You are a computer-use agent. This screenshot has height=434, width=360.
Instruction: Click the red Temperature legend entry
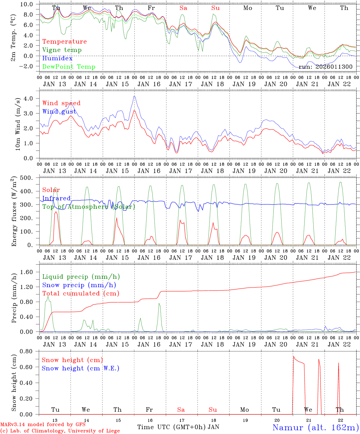point(64,42)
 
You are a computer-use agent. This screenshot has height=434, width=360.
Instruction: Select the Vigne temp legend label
point(62,50)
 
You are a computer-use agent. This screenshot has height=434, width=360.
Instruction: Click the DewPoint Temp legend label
point(69,67)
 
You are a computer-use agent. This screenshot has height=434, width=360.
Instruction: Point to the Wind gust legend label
point(59,112)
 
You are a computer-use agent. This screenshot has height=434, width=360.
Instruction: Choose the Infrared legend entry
point(56,198)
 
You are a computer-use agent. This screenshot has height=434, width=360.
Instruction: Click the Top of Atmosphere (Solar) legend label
point(88,207)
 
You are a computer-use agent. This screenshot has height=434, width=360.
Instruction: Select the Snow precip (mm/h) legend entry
point(79,285)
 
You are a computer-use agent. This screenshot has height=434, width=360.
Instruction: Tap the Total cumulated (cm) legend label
point(81,294)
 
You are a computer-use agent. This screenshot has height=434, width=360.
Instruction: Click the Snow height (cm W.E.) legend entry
point(80,368)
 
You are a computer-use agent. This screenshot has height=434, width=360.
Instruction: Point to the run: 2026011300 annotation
point(325,67)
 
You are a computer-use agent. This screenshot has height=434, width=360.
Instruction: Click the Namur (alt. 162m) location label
point(315,428)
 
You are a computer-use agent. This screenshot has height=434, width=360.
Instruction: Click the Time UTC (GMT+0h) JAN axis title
point(178,427)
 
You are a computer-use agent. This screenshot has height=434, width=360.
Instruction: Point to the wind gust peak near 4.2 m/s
point(134,96)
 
